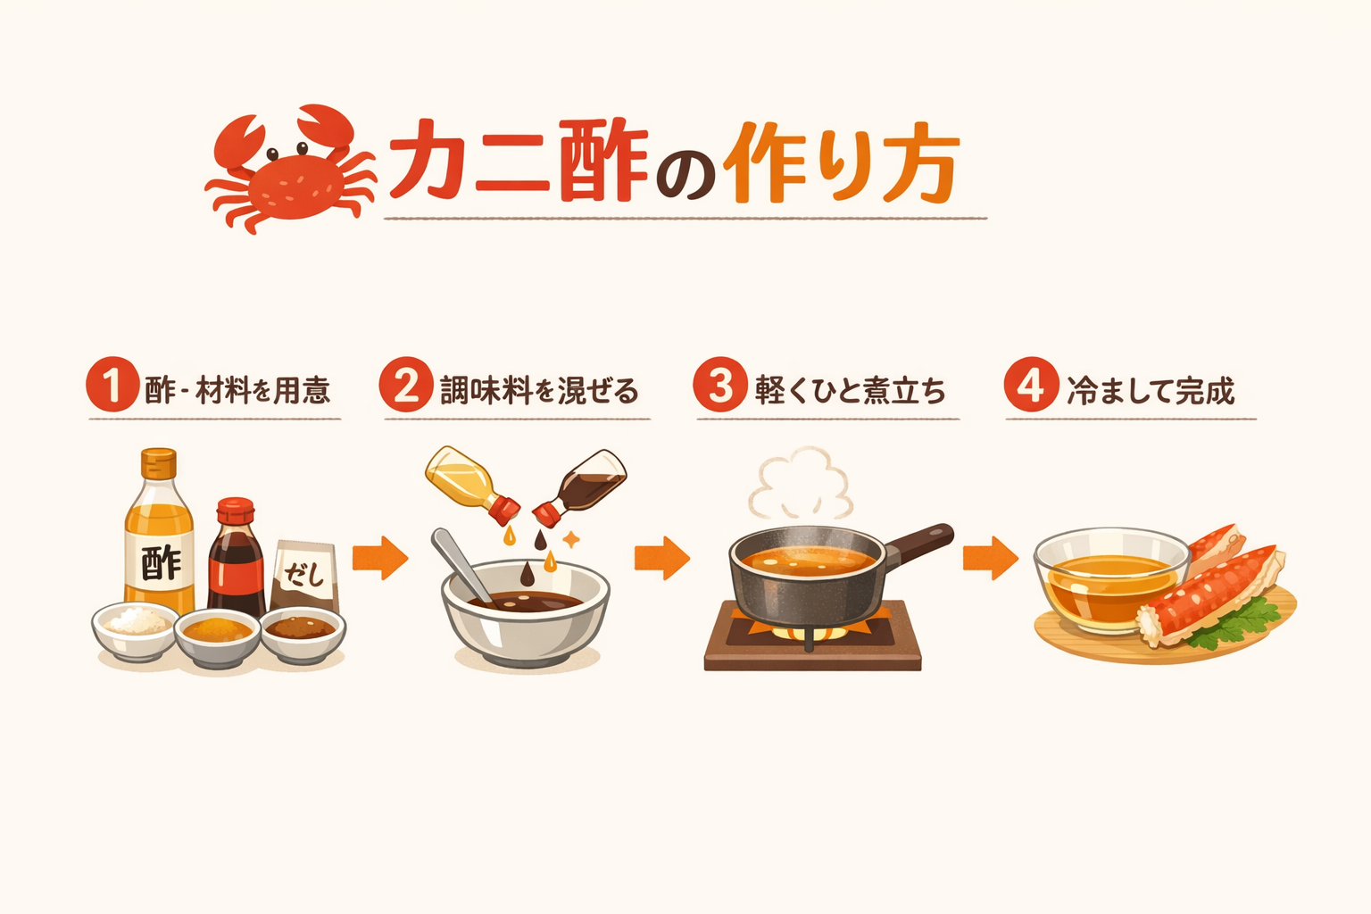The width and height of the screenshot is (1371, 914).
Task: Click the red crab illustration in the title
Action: (290, 170)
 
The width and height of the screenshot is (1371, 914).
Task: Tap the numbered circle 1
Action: (112, 385)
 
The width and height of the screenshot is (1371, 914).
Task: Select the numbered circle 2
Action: (406, 385)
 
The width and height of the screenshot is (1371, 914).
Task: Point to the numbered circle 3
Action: (719, 385)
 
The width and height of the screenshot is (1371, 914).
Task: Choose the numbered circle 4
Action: (1031, 385)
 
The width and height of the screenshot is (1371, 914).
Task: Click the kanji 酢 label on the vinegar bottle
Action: (161, 562)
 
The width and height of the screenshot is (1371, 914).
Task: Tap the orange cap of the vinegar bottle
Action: (159, 463)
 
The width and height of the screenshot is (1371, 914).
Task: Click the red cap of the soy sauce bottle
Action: (236, 511)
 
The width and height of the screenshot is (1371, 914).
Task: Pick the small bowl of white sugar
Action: (136, 630)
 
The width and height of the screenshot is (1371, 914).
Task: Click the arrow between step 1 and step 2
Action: (380, 558)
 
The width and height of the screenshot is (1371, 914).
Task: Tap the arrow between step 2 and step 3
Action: (662, 558)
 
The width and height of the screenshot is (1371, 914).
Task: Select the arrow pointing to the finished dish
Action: (991, 558)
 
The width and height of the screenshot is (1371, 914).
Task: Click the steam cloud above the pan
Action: (801, 483)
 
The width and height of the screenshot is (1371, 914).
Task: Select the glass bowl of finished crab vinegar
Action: (1111, 578)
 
